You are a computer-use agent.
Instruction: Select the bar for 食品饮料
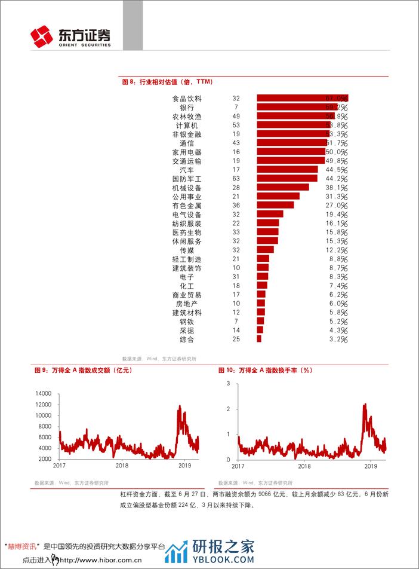[302, 98]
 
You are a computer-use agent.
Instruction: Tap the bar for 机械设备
[282, 187]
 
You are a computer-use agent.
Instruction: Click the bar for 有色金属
[275, 205]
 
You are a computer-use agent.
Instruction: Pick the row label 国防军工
[187, 179]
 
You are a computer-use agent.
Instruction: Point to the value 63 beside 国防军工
[236, 179]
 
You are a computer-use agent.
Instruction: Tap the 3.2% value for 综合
[338, 339]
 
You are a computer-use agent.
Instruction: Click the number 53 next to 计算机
[236, 125]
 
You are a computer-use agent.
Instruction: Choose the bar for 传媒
[265, 250]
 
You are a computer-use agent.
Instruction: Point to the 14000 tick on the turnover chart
[44, 394]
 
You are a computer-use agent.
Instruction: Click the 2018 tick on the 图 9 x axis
[122, 465]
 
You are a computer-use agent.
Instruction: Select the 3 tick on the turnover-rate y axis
[229, 383]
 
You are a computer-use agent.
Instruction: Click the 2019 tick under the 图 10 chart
[371, 465]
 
